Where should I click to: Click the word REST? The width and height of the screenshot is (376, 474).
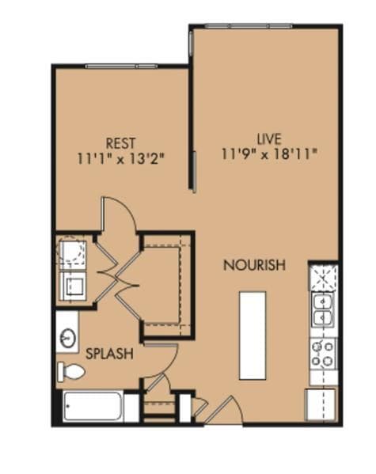pos(120,143)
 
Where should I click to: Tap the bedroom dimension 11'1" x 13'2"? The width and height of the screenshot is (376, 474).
pos(120,157)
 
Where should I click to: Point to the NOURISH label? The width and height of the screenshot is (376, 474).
pos(253,265)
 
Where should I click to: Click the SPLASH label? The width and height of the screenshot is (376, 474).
pos(109,354)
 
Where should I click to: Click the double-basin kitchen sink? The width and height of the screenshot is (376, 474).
pos(323,309)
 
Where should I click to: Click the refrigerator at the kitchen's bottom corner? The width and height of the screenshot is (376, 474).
pos(322,404)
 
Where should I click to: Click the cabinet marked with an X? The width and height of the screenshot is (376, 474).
pos(323,278)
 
